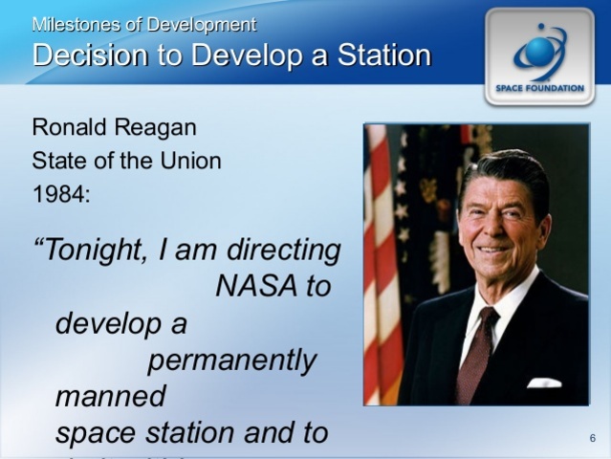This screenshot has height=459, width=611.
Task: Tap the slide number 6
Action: pos(593,439)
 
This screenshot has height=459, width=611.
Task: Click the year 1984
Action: pos(59,194)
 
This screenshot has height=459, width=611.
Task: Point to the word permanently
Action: pos(231,361)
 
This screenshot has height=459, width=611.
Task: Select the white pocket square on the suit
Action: pos(543,382)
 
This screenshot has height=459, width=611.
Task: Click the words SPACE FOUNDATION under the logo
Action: pos(539,88)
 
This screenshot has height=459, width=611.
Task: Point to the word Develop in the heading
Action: pos(238,55)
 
